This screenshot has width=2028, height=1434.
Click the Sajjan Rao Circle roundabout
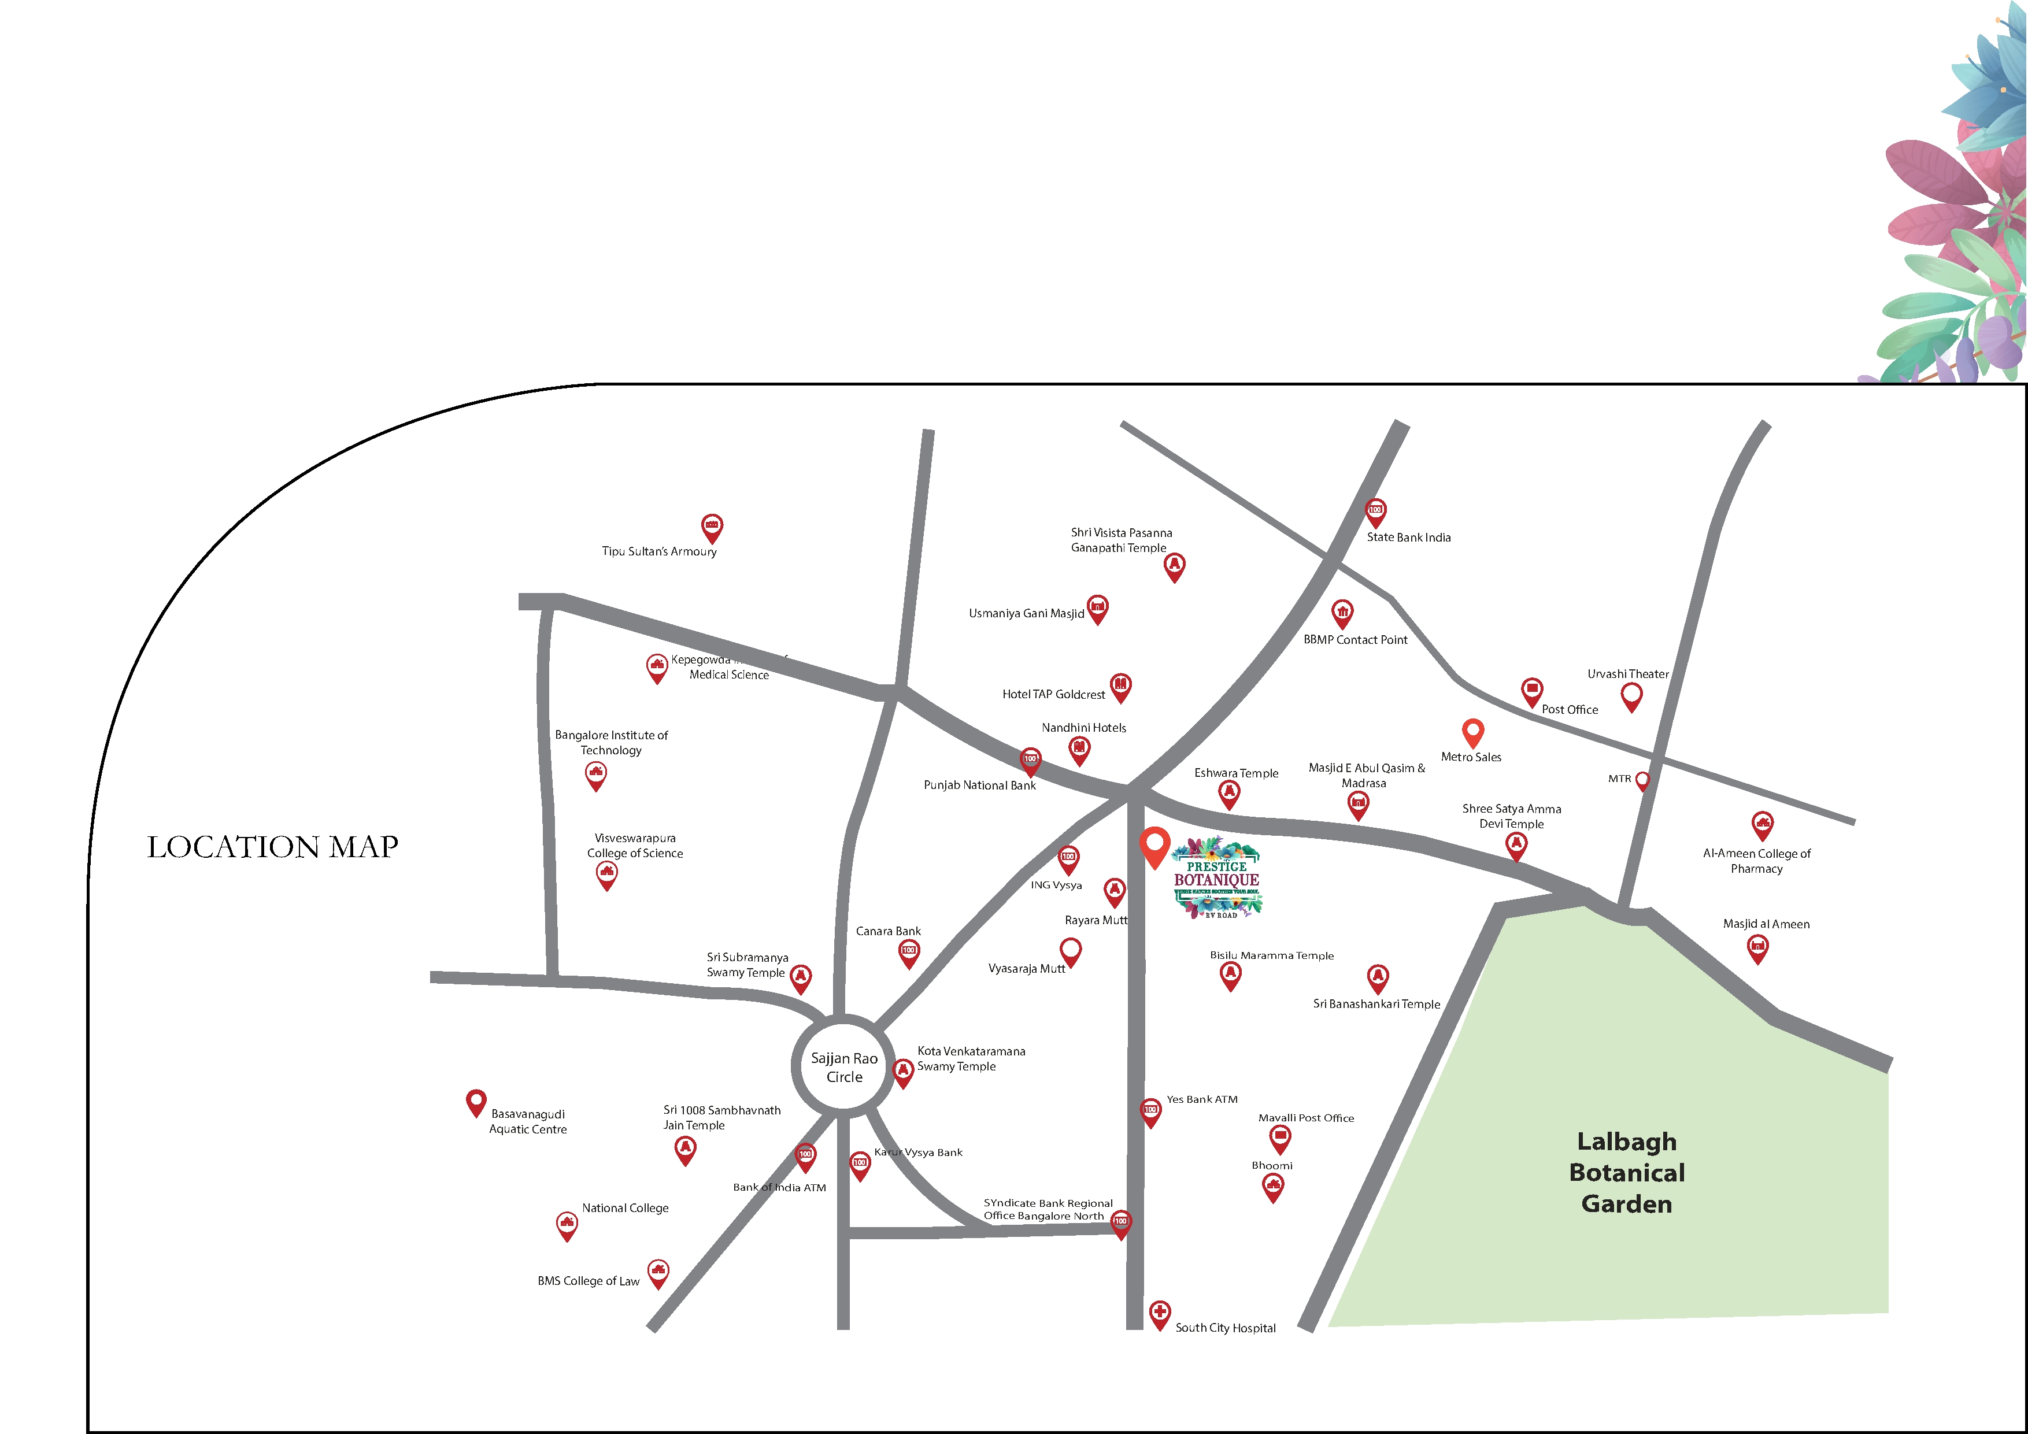pos(843,1066)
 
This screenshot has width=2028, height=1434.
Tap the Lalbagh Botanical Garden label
pos(1626,1173)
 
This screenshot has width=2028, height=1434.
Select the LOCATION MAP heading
pos(272,847)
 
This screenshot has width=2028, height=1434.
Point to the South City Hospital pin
pos(1160,1314)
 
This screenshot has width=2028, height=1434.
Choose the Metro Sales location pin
pos(1472,732)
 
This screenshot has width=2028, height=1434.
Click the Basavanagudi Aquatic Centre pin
pos(476,1102)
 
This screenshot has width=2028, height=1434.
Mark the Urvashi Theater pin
pos(1631,696)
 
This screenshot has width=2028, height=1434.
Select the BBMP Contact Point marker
pos(1342,613)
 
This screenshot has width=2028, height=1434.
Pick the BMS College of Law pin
pos(658,1272)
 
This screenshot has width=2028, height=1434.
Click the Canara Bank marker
pos(909,952)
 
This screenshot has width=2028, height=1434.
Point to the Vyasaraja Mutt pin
pos(1071,951)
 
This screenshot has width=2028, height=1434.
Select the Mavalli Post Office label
pos(1305,1118)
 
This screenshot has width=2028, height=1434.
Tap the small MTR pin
pos(1642,780)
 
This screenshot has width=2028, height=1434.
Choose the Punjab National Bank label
pos(979,785)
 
